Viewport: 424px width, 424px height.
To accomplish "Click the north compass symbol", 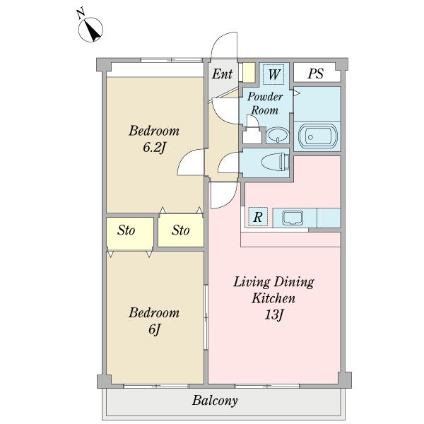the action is pos(90,30).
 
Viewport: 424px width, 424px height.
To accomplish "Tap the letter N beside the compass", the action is pos(81,14).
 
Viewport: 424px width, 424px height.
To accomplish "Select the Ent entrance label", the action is pos(222,73).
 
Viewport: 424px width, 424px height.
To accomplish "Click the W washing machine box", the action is pos(273,74).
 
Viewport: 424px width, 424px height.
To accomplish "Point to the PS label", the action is pos(316,73).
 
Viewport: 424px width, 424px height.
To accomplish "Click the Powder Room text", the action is pos(265,103).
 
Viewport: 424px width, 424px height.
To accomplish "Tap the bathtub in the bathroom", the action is pos(317,136).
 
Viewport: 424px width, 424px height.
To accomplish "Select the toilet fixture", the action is pos(276,163).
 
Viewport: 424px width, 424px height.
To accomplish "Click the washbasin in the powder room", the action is pos(278,135).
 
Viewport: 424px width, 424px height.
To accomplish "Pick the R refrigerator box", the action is pos(258,217).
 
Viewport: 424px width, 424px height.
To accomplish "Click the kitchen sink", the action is pos(293,218).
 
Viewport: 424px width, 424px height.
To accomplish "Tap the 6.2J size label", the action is pos(153,148).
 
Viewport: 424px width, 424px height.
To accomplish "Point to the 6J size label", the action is pos(155,329).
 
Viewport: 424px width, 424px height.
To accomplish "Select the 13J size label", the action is pos(273,314).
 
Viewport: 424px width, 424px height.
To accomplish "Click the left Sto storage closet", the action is pos(130,233).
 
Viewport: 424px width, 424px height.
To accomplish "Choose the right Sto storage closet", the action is pos(181,230).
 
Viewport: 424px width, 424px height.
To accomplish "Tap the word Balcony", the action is pos(215,401).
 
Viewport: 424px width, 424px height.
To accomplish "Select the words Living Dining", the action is pos(273,282).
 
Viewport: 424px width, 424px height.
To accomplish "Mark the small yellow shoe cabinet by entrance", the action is pos(249,73).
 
